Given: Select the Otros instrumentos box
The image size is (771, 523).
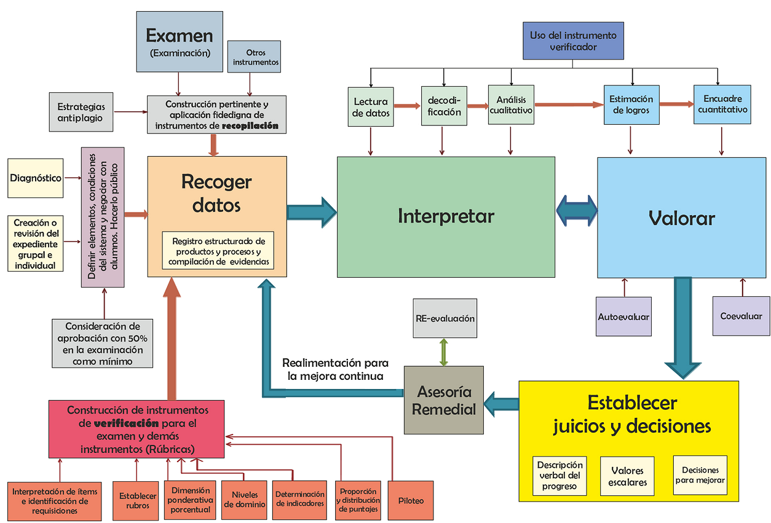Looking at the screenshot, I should [x=255, y=57].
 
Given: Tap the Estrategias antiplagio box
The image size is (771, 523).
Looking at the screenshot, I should [x=81, y=112].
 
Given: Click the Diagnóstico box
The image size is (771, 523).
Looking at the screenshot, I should [x=36, y=178].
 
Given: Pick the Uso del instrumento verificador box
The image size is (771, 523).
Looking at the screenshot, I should [x=572, y=41].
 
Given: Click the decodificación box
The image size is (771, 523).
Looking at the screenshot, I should [x=441, y=106].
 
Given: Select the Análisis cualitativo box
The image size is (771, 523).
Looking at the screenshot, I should [x=510, y=104].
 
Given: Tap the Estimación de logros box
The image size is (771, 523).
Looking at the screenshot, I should [x=631, y=104].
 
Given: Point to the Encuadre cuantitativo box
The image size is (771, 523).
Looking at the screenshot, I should [x=722, y=104].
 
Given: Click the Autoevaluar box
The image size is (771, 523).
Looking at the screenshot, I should [x=623, y=317].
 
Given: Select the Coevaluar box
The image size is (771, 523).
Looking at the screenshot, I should [x=741, y=317].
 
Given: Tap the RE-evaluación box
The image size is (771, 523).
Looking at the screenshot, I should [x=445, y=318].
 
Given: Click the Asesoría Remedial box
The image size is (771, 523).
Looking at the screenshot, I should [x=444, y=400].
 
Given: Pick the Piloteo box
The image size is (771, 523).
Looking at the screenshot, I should [x=411, y=500].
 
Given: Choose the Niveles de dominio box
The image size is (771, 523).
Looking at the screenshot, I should [x=245, y=500].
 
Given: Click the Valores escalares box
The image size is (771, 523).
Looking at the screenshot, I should [x=627, y=476].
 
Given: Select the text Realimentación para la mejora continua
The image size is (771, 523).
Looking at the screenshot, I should [x=335, y=369].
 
